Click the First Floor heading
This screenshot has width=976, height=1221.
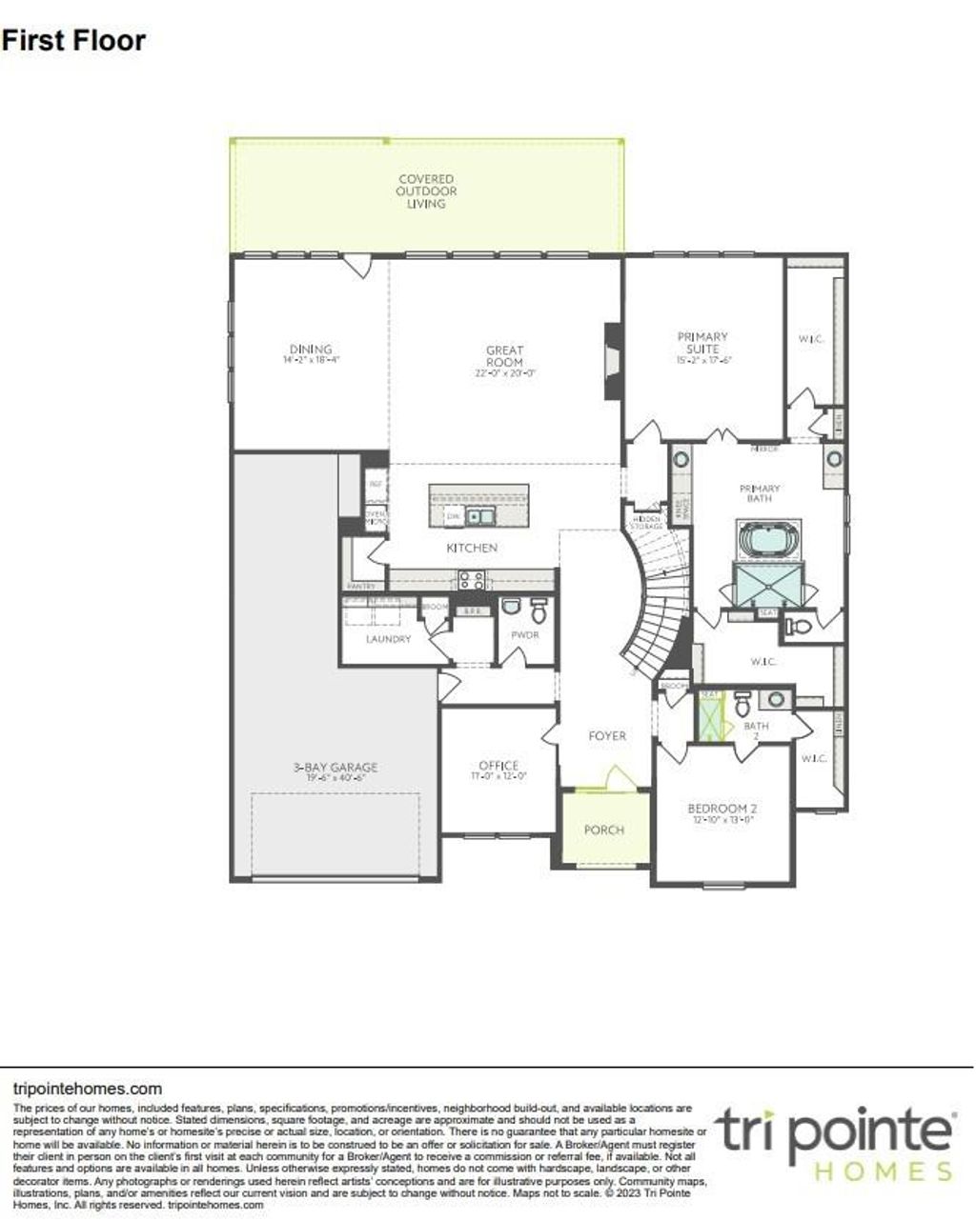pyautogui.click(x=73, y=40)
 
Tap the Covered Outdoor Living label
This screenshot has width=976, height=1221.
pyautogui.click(x=426, y=190)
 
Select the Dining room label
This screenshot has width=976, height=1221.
pyautogui.click(x=311, y=350)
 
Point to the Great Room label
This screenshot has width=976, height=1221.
pyautogui.click(x=504, y=356)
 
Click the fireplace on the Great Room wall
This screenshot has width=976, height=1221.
pyautogui.click(x=612, y=361)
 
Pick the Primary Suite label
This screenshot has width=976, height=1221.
pyautogui.click(x=702, y=342)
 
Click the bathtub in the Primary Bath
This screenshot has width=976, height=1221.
pyautogui.click(x=768, y=540)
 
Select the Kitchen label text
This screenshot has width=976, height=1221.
pyautogui.click(x=472, y=548)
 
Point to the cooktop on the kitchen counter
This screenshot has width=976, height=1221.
pyautogui.click(x=472, y=577)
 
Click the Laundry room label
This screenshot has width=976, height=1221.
pyautogui.click(x=388, y=638)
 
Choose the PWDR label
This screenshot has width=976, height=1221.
pyautogui.click(x=525, y=634)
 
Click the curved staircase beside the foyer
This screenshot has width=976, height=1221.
pyautogui.click(x=659, y=600)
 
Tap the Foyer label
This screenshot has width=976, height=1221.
pyautogui.click(x=607, y=735)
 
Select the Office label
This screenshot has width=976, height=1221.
pyautogui.click(x=498, y=765)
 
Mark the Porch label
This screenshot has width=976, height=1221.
pyautogui.click(x=603, y=830)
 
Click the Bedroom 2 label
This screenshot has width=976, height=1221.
pyautogui.click(x=722, y=810)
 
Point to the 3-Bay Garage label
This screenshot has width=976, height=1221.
pyautogui.click(x=335, y=767)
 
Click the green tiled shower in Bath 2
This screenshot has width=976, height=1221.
pyautogui.click(x=710, y=716)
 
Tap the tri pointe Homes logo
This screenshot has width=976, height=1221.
pyautogui.click(x=835, y=1143)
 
